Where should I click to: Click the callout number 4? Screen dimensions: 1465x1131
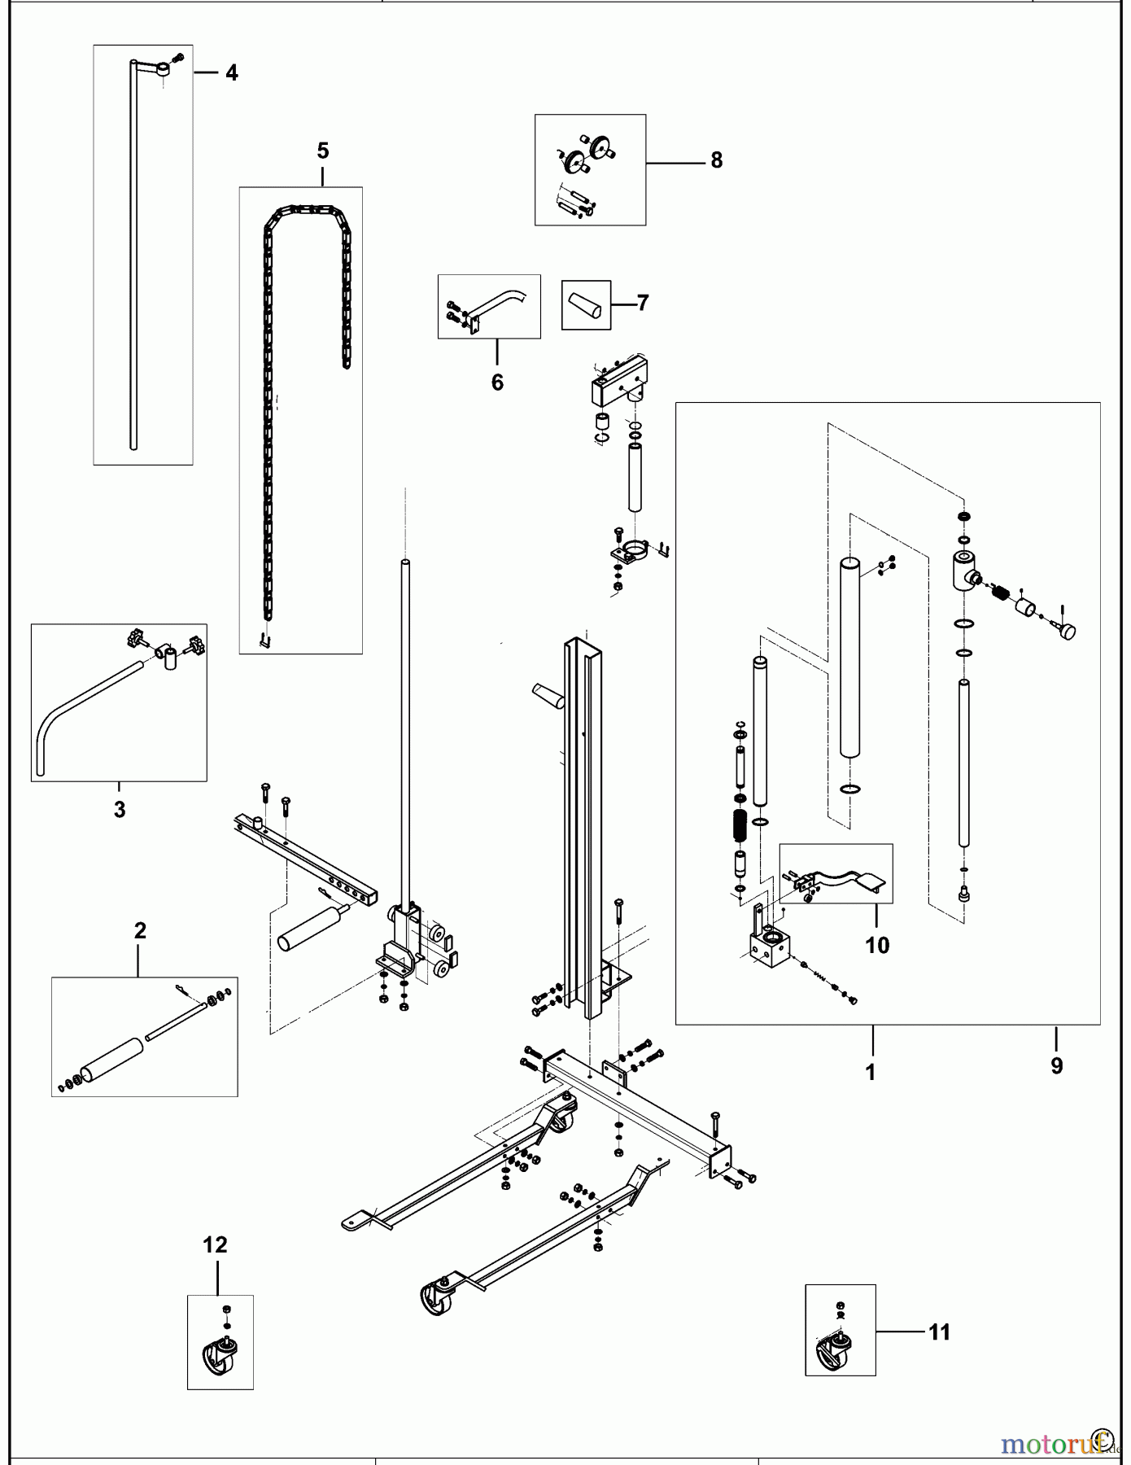(232, 73)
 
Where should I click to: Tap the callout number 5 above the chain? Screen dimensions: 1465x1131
(323, 151)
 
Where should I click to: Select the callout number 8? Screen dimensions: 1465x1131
(716, 160)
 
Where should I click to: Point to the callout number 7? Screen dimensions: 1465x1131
(643, 304)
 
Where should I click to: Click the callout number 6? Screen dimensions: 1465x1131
(497, 382)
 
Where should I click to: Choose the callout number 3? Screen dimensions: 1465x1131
(120, 810)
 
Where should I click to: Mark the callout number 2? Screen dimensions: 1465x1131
(140, 930)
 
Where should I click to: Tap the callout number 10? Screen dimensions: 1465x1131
(877, 945)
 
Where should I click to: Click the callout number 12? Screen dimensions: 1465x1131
(216, 1244)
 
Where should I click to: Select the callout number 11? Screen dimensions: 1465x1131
(939, 1332)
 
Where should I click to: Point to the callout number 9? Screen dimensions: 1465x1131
(1056, 1065)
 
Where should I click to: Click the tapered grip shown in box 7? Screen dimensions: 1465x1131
(586, 305)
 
